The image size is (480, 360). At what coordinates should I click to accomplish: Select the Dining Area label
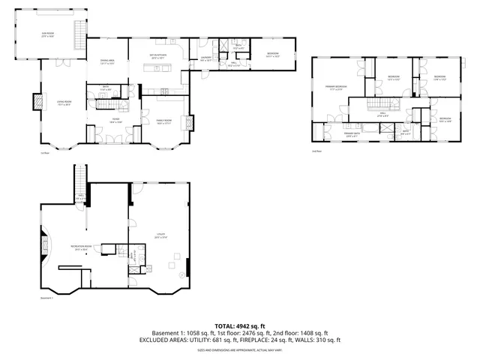click(x=106, y=61)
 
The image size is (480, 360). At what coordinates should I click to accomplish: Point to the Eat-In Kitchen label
click(x=158, y=56)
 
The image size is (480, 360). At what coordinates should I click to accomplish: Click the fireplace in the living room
click(x=35, y=101)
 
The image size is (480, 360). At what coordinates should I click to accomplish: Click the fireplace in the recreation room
click(x=43, y=244)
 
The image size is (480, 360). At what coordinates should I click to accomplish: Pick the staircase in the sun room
click(x=76, y=33)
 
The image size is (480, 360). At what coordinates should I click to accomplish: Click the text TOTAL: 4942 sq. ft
click(x=239, y=325)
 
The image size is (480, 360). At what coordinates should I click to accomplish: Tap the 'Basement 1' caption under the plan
click(x=48, y=298)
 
